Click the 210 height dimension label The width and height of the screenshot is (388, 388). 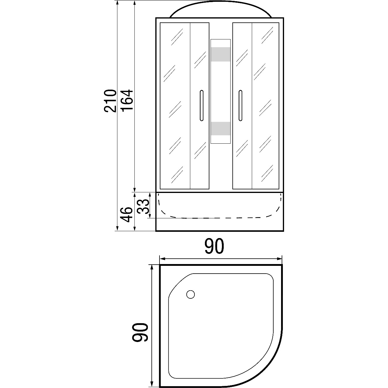[x=110, y=101]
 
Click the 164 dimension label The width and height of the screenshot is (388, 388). [x=127, y=100]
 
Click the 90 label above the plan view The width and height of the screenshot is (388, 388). [x=214, y=246]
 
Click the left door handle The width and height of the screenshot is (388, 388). [x=201, y=105]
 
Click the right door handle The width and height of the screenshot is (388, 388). [x=240, y=105]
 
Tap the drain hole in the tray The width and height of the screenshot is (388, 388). [x=191, y=295]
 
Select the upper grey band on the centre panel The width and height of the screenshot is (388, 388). [x=220, y=54]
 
